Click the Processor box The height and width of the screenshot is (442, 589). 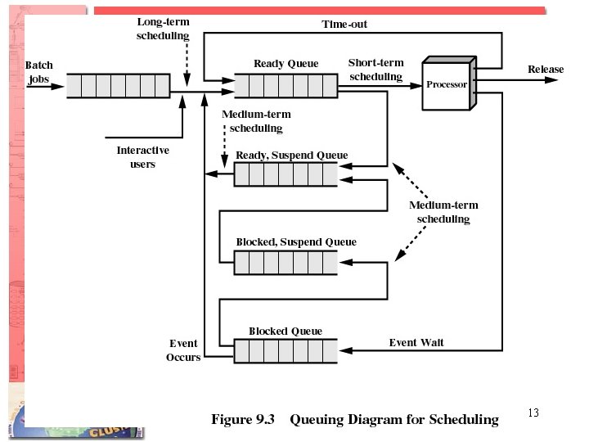[447, 84]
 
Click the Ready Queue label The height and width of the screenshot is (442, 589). [286, 63]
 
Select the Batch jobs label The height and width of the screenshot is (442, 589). [39, 72]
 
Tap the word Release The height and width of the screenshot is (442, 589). [546, 70]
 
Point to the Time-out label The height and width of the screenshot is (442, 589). [344, 25]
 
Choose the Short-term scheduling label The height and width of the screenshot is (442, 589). [375, 70]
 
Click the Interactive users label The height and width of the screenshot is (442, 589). [142, 157]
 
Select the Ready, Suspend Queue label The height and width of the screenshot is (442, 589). [291, 156]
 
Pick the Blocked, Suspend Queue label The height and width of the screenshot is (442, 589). [295, 242]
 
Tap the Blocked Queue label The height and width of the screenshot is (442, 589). [286, 331]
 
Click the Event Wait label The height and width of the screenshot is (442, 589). [416, 342]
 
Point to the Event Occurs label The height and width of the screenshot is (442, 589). [183, 350]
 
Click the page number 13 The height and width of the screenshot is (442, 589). [533, 413]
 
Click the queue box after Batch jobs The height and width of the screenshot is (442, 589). [118, 86]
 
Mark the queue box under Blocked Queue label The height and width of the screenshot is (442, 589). [286, 351]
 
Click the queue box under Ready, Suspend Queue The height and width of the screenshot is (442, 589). [286, 174]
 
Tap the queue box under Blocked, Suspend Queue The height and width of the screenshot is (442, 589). [286, 262]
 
